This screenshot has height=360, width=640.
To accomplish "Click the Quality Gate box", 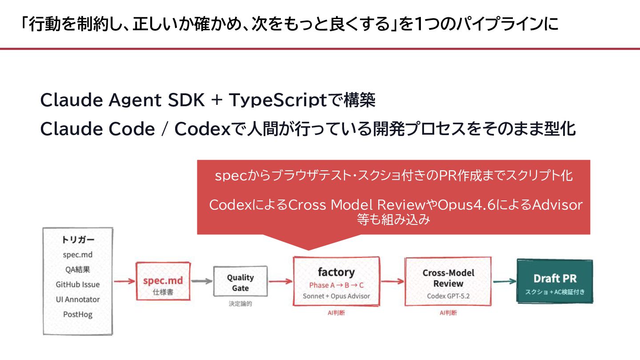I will (x=240, y=282).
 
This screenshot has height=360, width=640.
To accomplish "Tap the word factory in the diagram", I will (x=336, y=272).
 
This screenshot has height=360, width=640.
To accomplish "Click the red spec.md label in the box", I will (x=163, y=280).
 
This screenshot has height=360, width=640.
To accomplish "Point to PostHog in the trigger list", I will (x=78, y=315).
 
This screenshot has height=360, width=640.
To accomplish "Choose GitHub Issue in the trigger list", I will (x=78, y=284).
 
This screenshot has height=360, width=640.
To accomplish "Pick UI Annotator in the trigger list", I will (x=78, y=300).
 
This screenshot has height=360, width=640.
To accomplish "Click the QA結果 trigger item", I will (x=78, y=269).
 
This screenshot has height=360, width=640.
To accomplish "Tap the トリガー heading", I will (x=78, y=240).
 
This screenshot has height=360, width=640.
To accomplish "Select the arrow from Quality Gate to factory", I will (x=280, y=281).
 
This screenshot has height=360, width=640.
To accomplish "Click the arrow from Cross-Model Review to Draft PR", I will (x=504, y=281).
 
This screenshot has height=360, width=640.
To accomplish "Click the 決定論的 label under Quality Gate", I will (x=240, y=304).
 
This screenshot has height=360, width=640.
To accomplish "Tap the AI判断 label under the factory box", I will (x=336, y=313).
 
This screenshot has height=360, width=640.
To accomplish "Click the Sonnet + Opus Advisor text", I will (x=336, y=296).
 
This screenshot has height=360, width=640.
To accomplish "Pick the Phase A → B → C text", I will (x=336, y=285).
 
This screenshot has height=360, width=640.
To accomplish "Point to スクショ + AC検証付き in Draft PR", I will (x=555, y=292).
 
